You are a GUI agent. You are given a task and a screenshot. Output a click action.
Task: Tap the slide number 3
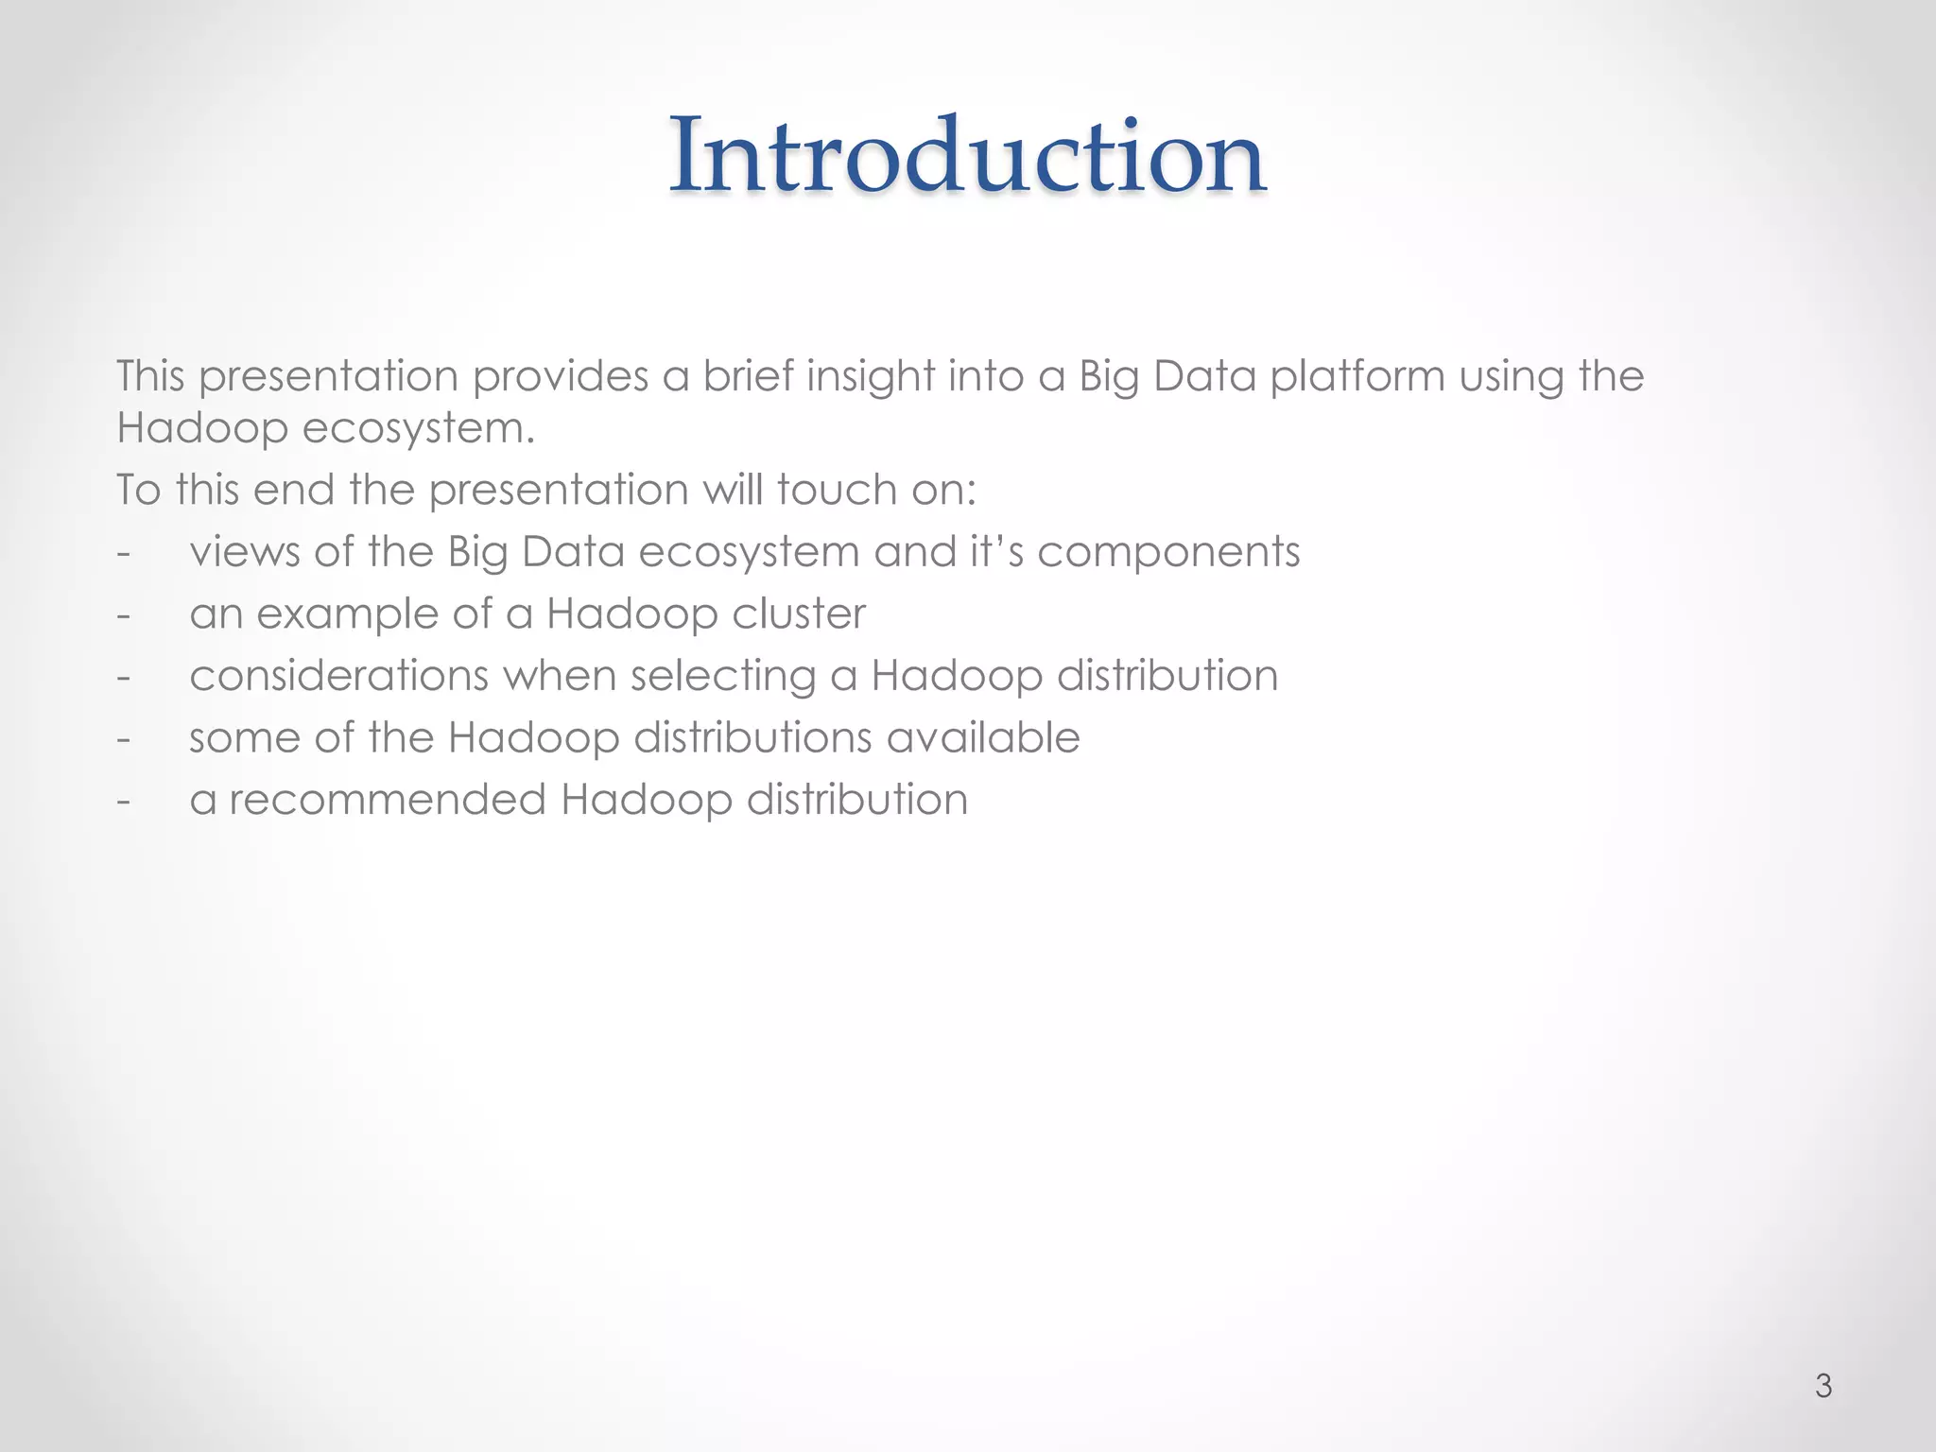pos(1824,1386)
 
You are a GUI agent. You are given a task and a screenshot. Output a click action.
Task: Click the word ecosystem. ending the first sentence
pos(418,428)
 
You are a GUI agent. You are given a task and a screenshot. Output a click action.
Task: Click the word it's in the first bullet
pos(996,552)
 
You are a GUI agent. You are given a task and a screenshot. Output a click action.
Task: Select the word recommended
pos(388,800)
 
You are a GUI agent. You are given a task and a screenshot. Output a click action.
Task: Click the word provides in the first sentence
pos(560,376)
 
